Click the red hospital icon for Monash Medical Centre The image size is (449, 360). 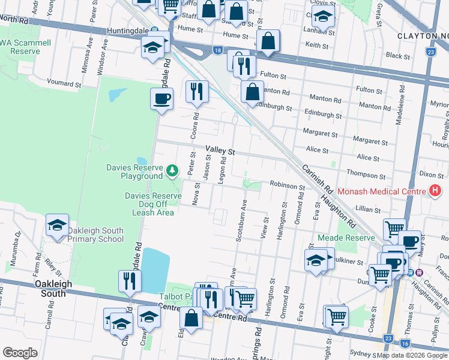tap(435, 192)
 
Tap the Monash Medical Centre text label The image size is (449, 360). tap(381, 192)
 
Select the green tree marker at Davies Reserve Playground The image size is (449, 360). tap(173, 172)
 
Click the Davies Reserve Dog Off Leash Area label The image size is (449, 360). tap(153, 204)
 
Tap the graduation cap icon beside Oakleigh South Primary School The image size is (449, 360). tap(58, 226)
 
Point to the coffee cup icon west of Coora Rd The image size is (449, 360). tap(162, 98)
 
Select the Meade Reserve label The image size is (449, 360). tap(359, 237)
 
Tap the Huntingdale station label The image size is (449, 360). tap(128, 30)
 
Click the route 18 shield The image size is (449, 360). tap(217, 51)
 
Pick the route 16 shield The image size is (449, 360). tap(406, 344)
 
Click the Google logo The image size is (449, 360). tap(20, 353)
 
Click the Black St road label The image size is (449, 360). tap(397, 56)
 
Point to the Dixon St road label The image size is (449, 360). tap(432, 175)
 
